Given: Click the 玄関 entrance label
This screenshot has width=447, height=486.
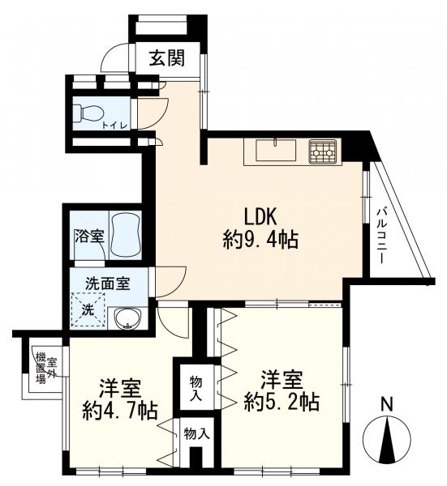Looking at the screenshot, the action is click(167, 58).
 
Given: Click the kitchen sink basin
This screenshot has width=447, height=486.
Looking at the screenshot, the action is click(276, 151).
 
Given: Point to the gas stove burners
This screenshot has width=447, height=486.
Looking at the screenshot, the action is click(323, 151).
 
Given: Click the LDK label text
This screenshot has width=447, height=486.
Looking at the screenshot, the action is click(260, 216).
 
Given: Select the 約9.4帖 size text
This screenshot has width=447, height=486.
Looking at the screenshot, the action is click(260, 240).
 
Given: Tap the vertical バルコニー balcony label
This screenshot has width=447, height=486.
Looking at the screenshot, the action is click(381, 237).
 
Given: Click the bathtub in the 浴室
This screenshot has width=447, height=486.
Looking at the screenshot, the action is click(126, 235).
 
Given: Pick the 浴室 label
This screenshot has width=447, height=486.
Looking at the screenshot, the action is click(89, 237).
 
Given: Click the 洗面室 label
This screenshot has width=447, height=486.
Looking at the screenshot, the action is click(108, 283).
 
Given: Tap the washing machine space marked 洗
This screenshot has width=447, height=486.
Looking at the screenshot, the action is click(88, 309).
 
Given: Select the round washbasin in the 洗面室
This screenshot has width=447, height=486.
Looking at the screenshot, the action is click(127, 318).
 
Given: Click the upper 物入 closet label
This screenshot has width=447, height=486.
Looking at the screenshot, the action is click(196, 388).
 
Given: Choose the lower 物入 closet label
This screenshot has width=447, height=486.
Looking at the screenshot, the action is click(196, 434).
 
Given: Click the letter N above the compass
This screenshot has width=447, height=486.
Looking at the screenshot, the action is click(387, 404).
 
